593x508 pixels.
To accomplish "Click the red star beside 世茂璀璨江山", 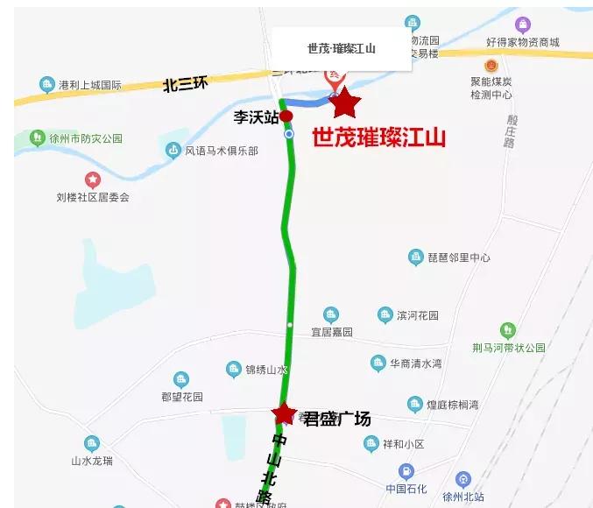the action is tap(345, 103).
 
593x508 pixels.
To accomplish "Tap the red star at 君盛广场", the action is tap(284, 413).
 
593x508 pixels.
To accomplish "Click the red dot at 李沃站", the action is tap(286, 116).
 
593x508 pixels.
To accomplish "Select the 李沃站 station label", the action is tap(256, 116).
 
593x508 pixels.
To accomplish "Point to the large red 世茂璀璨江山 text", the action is tap(379, 138).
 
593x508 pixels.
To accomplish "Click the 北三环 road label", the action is tap(186, 85).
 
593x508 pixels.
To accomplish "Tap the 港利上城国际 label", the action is tap(89, 86).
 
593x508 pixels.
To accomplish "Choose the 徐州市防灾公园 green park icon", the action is tap(37, 138).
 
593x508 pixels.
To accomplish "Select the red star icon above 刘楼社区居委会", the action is tap(92, 180).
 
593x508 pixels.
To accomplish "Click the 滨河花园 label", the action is tap(417, 315).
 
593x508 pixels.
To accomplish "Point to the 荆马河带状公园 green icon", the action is tap(507, 330).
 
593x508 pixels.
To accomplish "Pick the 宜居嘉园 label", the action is tap(331, 332).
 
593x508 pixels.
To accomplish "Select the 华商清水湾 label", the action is tap(416, 363).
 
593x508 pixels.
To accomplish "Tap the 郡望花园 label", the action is tap(181, 397).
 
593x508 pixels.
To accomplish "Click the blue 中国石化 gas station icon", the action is tap(406, 471).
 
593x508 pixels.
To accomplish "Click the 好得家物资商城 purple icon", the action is tap(523, 25).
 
